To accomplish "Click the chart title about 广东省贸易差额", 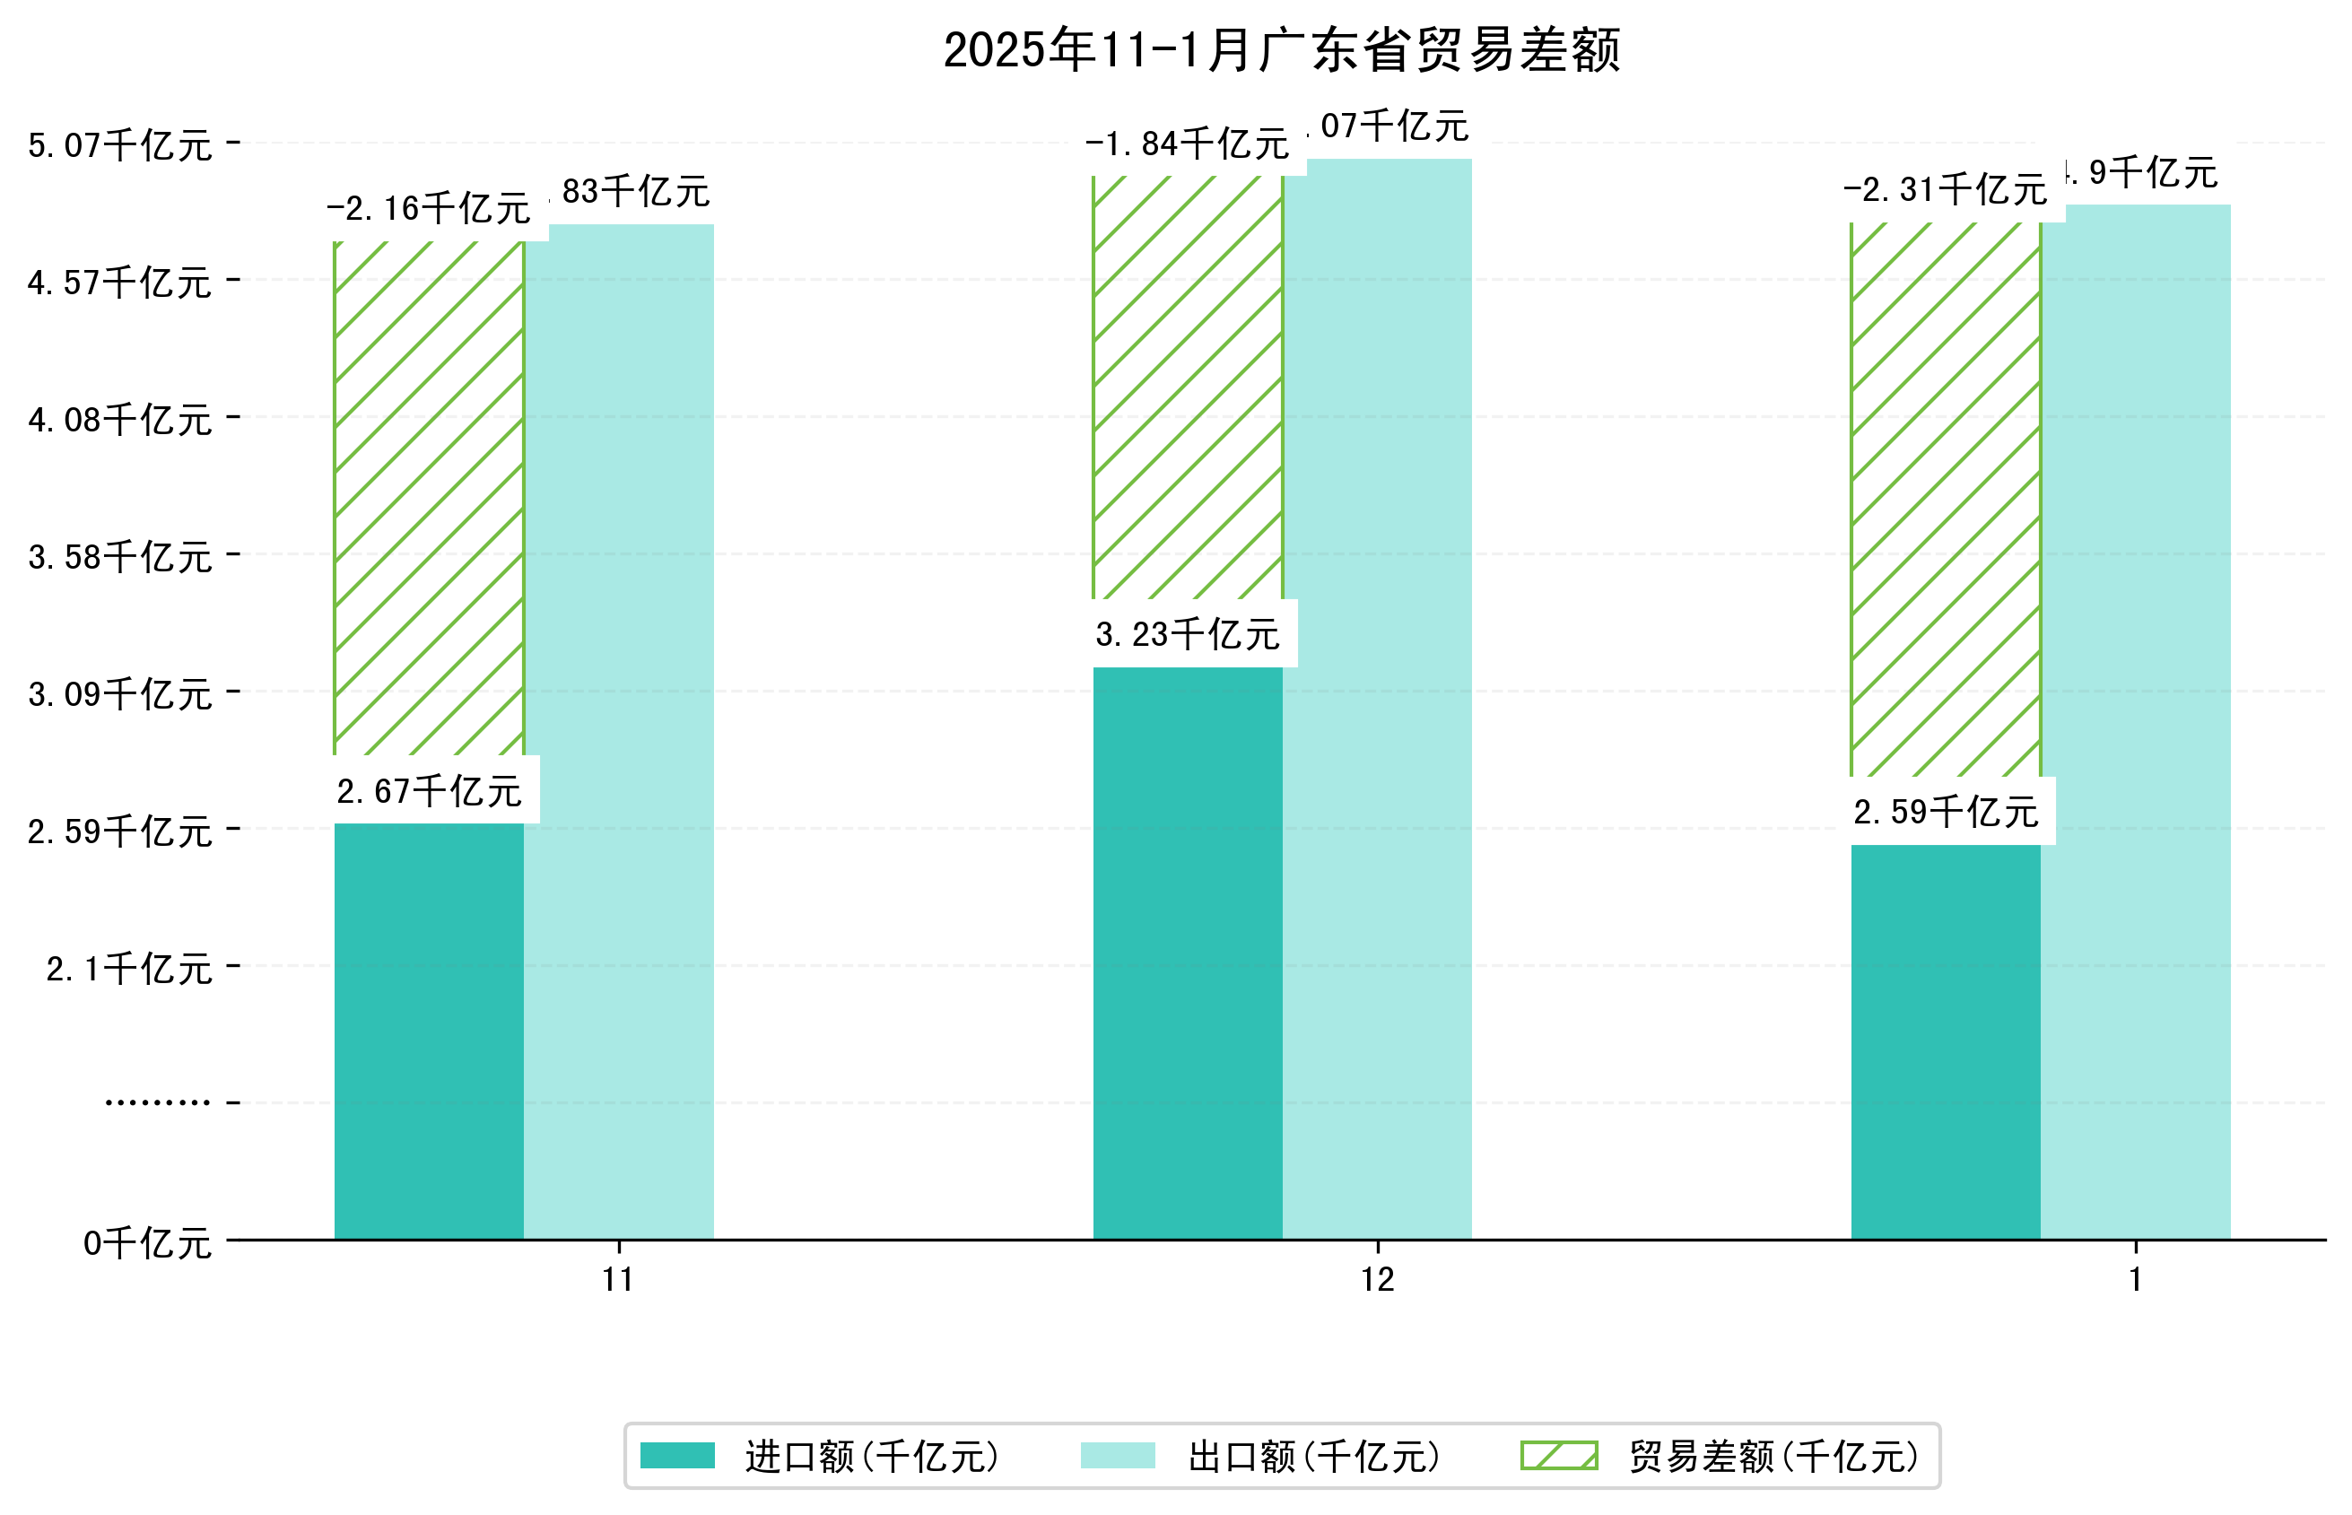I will click(1281, 50).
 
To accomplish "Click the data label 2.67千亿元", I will click(429, 791).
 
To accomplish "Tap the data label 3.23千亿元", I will click(1188, 634).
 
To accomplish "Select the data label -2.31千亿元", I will click(1945, 189).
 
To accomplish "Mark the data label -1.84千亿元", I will click(1188, 144).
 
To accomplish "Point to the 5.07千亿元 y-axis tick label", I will click(119, 145).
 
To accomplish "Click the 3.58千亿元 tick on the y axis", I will click(119, 557).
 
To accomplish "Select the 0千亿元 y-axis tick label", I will click(146, 1243).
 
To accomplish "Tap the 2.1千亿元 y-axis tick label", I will click(129, 969).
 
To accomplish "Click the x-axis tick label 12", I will click(1377, 1279).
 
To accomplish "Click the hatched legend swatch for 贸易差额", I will click(1558, 1456).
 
